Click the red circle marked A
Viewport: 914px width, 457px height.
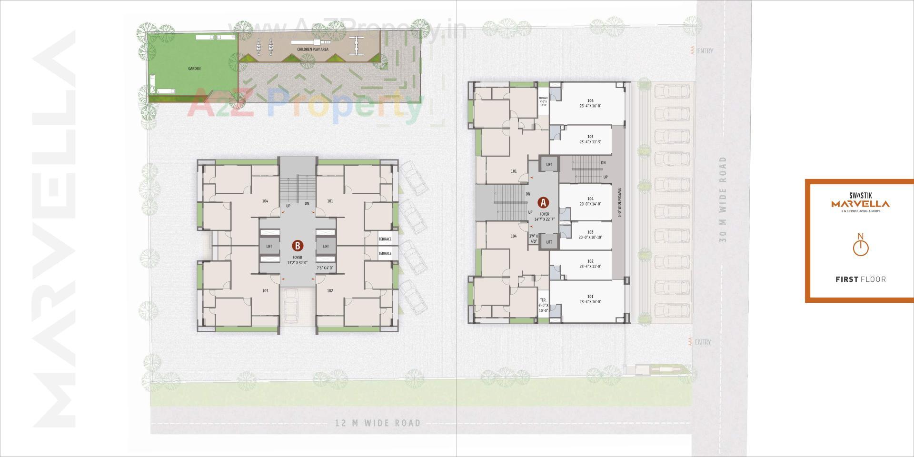(543, 202)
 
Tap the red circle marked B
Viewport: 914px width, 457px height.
(298, 246)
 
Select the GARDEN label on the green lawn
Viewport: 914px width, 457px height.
(194, 69)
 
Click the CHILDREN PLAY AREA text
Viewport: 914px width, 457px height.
(313, 50)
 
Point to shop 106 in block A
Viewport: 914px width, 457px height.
(590, 103)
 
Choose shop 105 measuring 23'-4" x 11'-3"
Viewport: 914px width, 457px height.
(590, 139)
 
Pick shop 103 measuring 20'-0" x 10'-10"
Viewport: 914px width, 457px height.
(590, 235)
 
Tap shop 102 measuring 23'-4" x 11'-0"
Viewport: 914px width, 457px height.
(590, 264)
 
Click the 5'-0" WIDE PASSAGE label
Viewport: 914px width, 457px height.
(619, 202)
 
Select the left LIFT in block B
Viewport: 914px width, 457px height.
(269, 246)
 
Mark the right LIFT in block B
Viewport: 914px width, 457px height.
(326, 246)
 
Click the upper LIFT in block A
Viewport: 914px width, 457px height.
(549, 164)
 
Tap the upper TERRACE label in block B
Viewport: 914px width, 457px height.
(385, 239)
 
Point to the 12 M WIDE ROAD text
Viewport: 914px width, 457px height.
(378, 423)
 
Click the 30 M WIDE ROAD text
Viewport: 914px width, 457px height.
(723, 199)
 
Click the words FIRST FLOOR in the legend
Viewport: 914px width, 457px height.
(861, 279)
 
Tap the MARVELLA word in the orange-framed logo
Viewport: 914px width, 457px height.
(860, 204)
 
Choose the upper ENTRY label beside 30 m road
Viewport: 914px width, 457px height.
(704, 51)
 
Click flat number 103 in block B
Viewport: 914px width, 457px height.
(265, 290)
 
